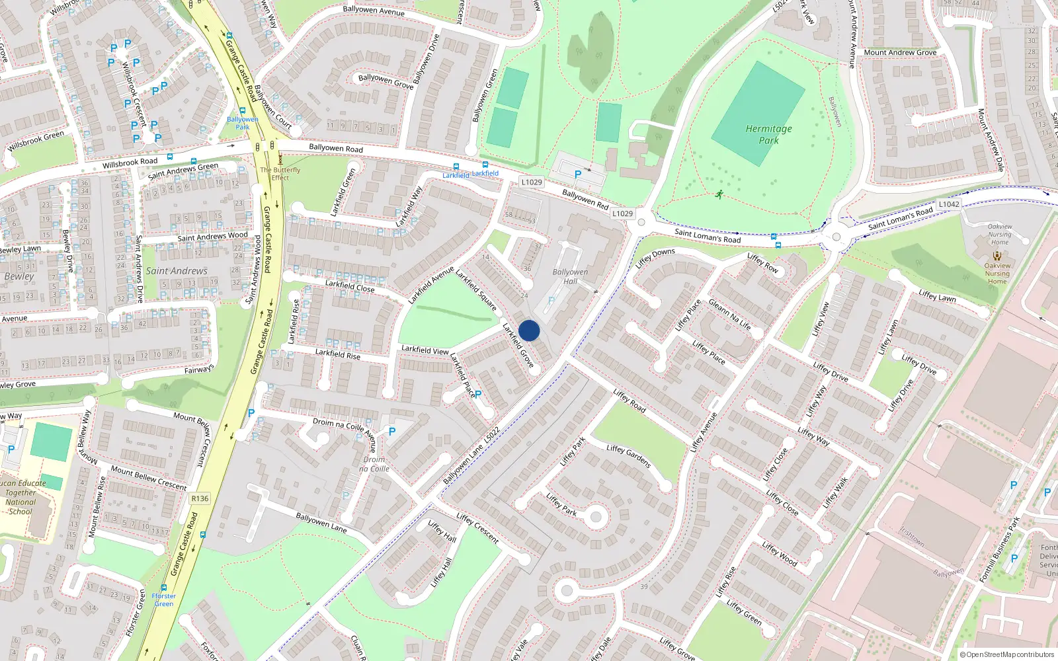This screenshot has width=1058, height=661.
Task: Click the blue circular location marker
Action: pyautogui.click(x=529, y=330)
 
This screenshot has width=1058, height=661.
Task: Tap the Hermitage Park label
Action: pyautogui.click(x=768, y=134)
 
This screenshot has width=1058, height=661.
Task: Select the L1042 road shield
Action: pyautogui.click(x=949, y=204)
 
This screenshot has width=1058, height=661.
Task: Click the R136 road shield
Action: pyautogui.click(x=199, y=498)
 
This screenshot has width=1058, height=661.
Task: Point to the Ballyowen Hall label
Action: pyautogui.click(x=570, y=276)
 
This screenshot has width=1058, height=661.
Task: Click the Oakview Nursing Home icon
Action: pyautogui.click(x=997, y=255)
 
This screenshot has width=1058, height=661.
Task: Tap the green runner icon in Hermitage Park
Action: pyautogui.click(x=719, y=194)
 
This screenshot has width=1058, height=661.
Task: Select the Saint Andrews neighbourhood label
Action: pyautogui.click(x=177, y=271)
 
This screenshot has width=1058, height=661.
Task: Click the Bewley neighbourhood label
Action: pyautogui.click(x=19, y=276)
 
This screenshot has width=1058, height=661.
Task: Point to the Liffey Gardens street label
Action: pyautogui.click(x=628, y=456)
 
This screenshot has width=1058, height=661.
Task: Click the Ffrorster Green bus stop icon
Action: pyautogui.click(x=164, y=587)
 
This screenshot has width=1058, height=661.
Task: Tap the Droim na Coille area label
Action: pyautogui.click(x=374, y=464)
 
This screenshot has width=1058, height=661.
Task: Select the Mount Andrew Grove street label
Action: pyautogui.click(x=900, y=52)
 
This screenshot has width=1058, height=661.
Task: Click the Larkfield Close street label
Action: pyautogui.click(x=349, y=286)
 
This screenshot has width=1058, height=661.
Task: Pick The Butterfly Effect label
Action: pyautogui.click(x=280, y=173)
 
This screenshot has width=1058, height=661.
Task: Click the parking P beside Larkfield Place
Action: pyautogui.click(x=478, y=395)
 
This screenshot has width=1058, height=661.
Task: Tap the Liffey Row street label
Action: pyautogui.click(x=762, y=262)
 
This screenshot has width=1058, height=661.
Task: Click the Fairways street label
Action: pyautogui.click(x=199, y=369)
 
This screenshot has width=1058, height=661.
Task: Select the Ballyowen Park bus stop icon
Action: pyautogui.click(x=243, y=111)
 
